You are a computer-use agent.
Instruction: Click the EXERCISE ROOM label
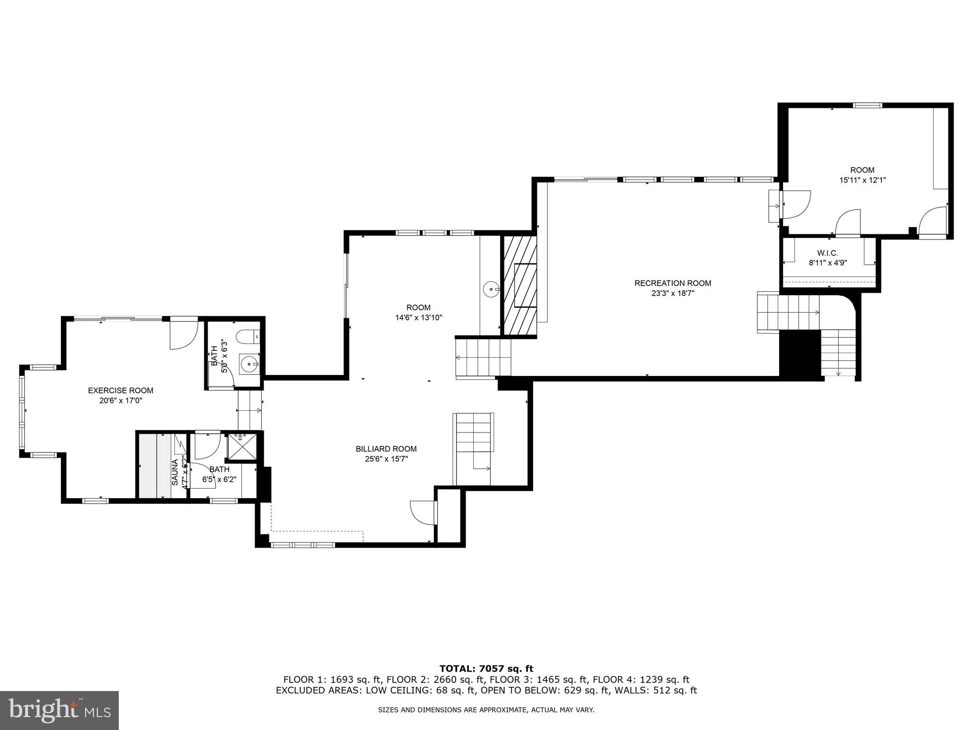pyautogui.click(x=121, y=391)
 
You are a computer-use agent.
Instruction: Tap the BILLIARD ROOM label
pyautogui.click(x=386, y=449)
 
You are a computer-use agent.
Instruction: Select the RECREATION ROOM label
pyautogui.click(x=673, y=283)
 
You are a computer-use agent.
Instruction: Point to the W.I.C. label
pyautogui.click(x=828, y=253)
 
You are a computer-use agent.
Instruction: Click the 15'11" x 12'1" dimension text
pyautogui.click(x=862, y=181)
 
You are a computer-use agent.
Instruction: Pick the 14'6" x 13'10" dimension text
pyautogui.click(x=419, y=318)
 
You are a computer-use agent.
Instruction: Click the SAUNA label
pyautogui.click(x=174, y=471)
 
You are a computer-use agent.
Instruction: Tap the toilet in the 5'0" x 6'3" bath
pyautogui.click(x=248, y=336)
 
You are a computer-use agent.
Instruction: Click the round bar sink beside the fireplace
pyautogui.click(x=491, y=289)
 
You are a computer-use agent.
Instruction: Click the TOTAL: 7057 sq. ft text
pyautogui.click(x=486, y=669)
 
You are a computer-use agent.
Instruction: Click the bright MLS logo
pyautogui.click(x=59, y=710)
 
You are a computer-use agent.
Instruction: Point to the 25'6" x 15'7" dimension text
pyautogui.click(x=386, y=459)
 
